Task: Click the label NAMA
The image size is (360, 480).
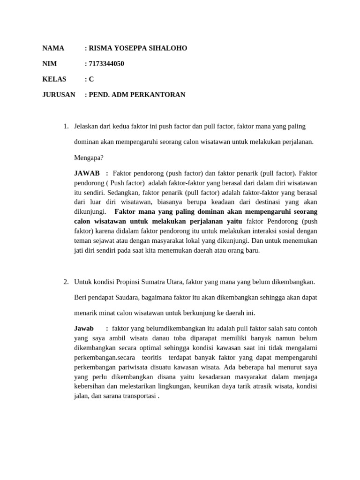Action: pos(53,48)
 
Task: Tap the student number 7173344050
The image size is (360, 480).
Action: pos(106,64)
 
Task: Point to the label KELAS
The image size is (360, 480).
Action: pos(54,79)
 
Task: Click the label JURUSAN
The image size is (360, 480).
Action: pos(59,95)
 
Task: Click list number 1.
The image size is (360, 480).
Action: pos(66,126)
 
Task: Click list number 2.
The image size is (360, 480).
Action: pos(66,282)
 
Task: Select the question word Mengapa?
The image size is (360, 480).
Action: pos(89,157)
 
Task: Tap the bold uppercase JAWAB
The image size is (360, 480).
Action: pos(87,173)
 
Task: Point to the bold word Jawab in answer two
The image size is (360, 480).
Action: pos(84,328)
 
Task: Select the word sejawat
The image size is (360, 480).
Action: pos(101,240)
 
